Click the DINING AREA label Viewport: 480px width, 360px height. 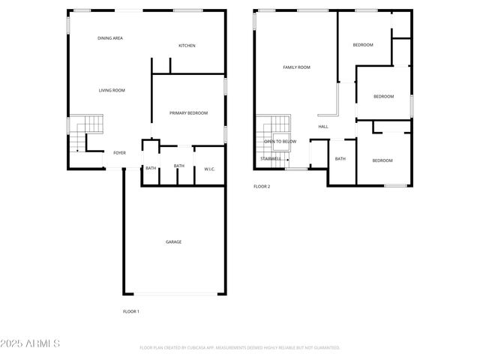110,37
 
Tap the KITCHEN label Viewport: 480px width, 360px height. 187,46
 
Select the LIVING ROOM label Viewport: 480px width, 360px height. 112,90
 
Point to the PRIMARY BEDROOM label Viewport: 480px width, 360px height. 188,113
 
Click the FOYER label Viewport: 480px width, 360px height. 119,153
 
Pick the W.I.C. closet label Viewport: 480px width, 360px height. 210,169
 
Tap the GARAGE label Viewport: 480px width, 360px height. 173,241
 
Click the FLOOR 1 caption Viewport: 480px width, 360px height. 131,311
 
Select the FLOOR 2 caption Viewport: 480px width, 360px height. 262,186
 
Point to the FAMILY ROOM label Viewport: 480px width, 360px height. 296,67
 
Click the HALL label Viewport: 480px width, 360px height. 323,127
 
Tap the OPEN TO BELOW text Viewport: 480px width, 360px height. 280,142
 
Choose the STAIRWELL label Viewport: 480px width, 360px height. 271,159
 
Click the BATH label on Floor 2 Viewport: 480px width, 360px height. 340,159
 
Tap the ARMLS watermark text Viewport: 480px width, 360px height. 31,343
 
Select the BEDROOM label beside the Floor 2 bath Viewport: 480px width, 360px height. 382,160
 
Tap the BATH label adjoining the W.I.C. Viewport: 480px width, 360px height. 179,166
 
